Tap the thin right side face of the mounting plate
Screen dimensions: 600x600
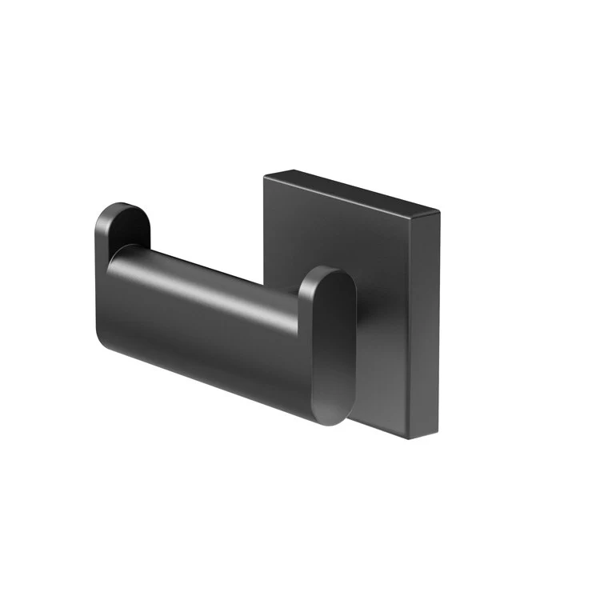pyautogui.click(x=430, y=320)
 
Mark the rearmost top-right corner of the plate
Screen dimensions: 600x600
pyautogui.click(x=439, y=211)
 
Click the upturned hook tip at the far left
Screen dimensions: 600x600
pyautogui.click(x=120, y=228)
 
